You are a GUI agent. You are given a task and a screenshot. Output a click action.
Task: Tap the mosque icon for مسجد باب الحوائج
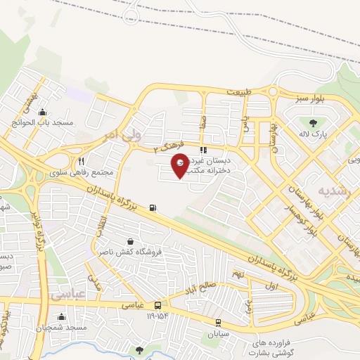coord(43,112)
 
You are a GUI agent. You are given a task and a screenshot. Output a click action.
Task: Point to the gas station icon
coord(153,207)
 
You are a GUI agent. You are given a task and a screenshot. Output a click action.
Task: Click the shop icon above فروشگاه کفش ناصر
coord(129,241)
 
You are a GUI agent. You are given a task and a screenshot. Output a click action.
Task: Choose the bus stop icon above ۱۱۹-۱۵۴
coord(158,305)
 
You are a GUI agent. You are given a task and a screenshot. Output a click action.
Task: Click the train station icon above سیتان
coord(220,323)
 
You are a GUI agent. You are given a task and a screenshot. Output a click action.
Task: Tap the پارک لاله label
coord(314,134)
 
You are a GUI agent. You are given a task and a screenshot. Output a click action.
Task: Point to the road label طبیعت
coord(238,92)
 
